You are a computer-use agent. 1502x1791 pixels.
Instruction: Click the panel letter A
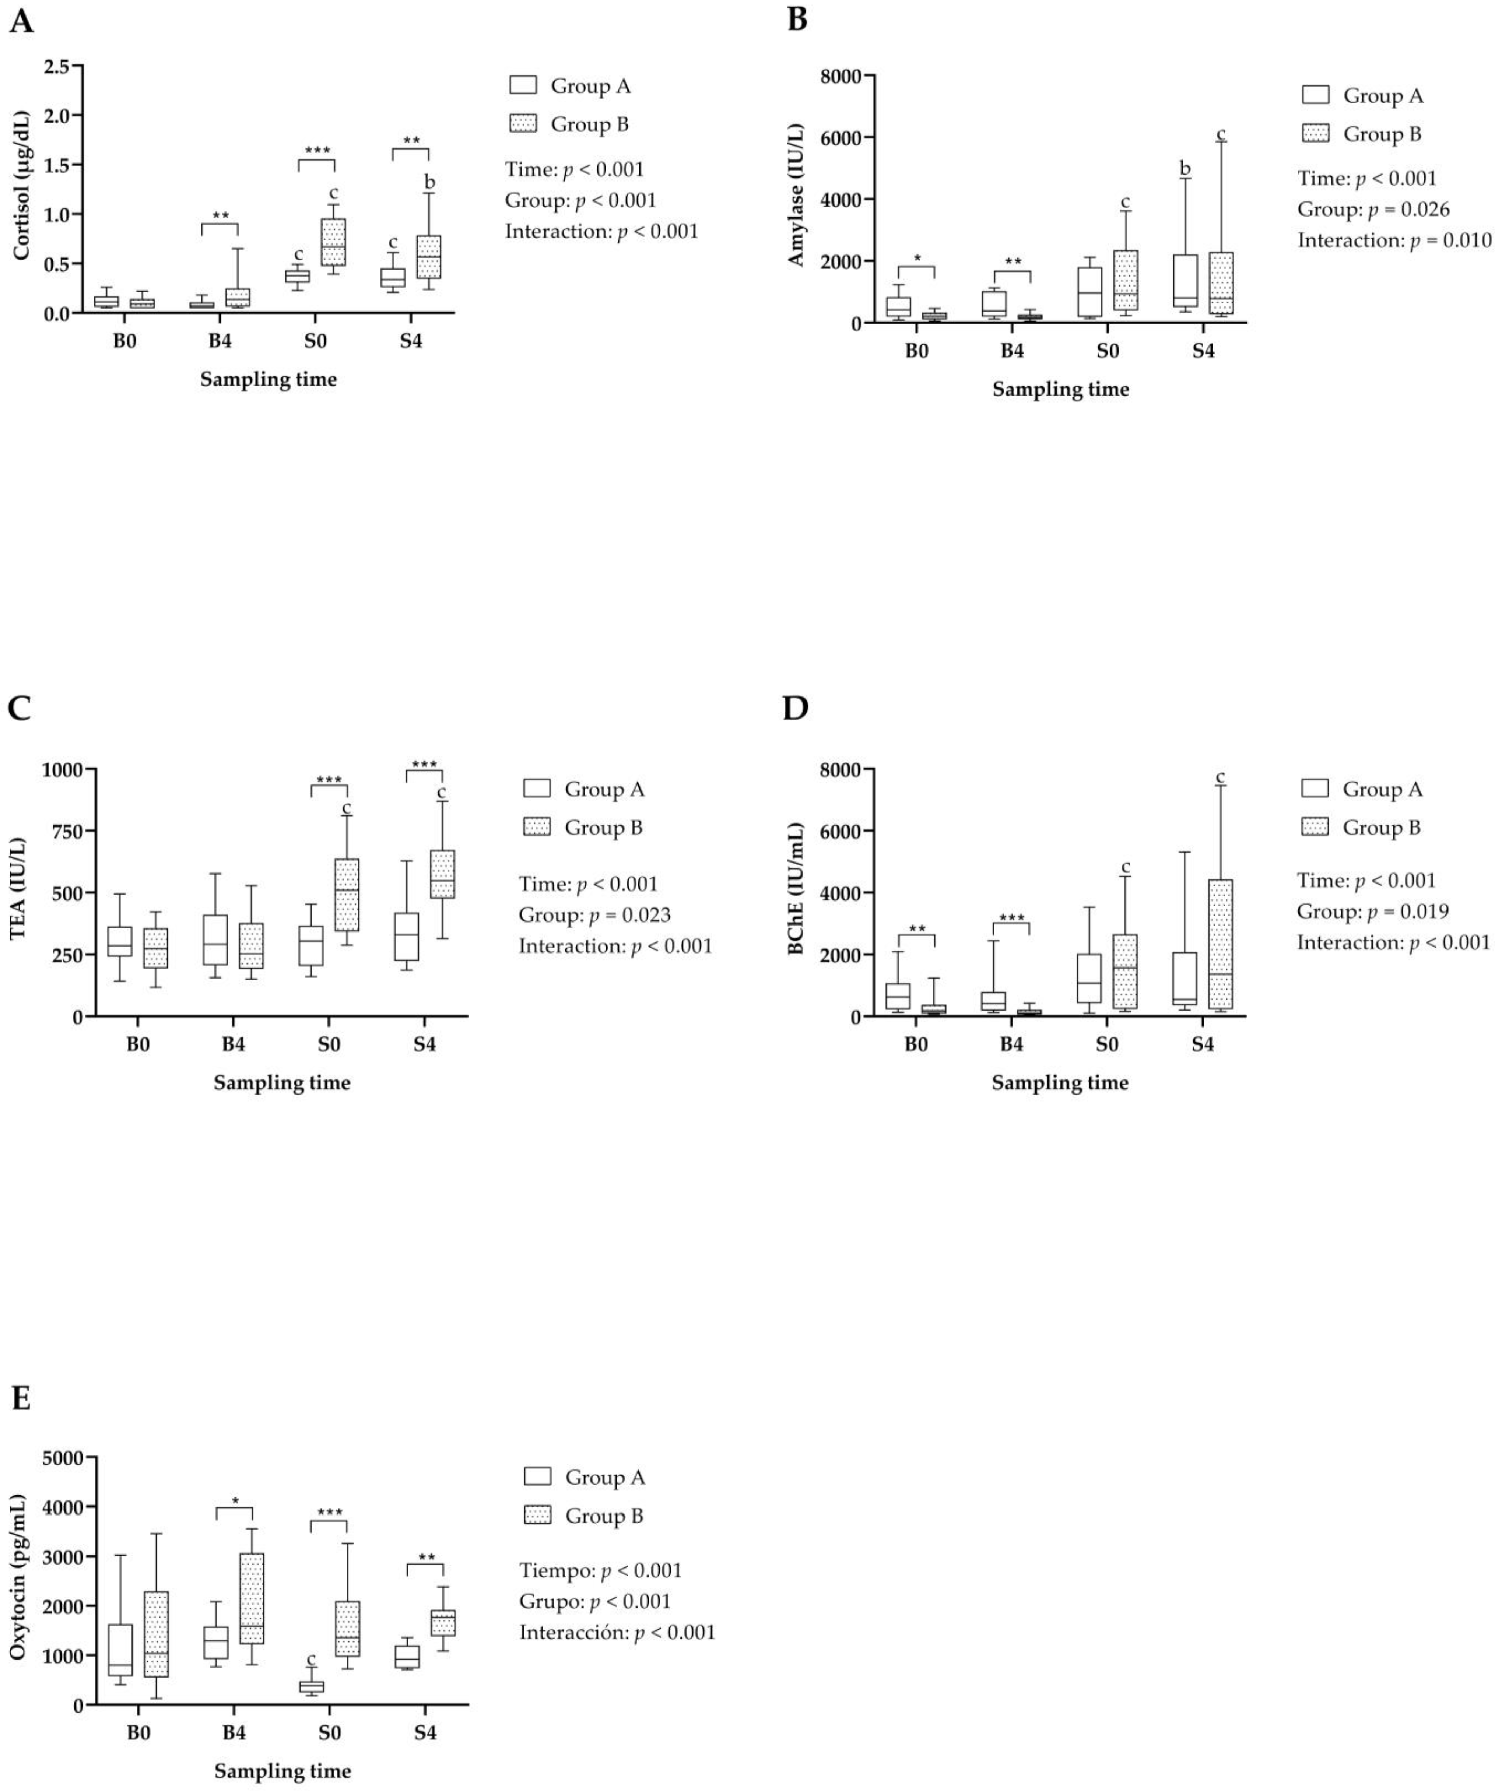[21, 21]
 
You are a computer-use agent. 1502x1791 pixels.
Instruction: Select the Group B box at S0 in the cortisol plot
[333, 242]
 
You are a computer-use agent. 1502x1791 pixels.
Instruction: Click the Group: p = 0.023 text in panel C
[594, 915]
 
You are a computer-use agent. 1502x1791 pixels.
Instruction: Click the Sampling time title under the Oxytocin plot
[282, 1770]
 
